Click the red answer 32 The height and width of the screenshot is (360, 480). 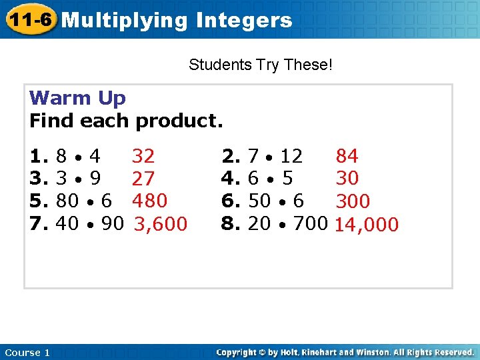[x=143, y=157]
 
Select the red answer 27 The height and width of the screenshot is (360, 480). [x=143, y=179]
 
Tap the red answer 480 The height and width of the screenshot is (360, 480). [x=149, y=201]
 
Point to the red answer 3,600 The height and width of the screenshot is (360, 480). [x=161, y=225]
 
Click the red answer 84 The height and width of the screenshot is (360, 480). [x=347, y=157]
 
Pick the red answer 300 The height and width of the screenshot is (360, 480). [x=353, y=201]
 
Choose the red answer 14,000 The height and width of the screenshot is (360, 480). [x=366, y=225]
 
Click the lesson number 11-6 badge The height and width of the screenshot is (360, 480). [x=29, y=19]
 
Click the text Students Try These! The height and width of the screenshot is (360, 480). [x=261, y=65]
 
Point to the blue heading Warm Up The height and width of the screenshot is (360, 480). [x=77, y=99]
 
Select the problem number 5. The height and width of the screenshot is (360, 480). [x=39, y=201]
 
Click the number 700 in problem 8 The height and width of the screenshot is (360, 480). [x=310, y=223]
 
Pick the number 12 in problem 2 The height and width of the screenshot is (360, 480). [x=291, y=157]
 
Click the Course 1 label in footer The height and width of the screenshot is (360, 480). [x=27, y=353]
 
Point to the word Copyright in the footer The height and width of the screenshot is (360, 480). [x=237, y=353]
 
